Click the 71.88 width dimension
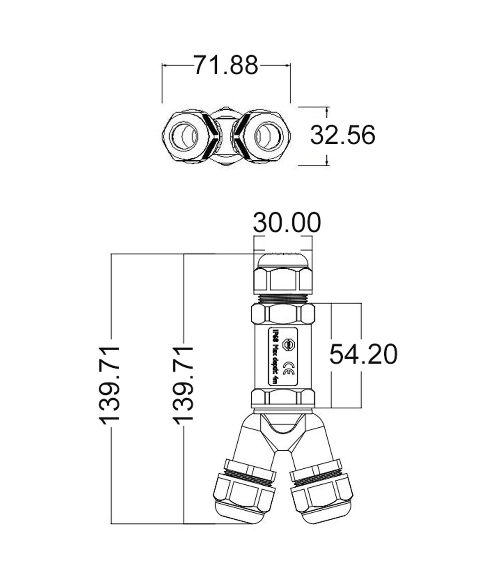click(226, 65)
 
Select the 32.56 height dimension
click(342, 135)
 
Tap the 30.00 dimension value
click(287, 222)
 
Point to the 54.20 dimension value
click(363, 355)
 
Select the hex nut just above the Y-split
click(282, 397)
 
